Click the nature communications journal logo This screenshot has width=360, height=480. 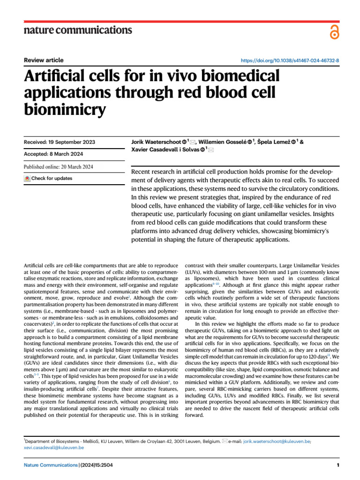coord(78,30)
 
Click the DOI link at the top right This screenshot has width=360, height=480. coord(290,61)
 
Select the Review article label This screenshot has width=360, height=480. coord(44,60)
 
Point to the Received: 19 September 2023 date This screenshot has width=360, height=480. coord(59,142)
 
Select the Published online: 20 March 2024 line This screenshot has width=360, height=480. coord(58,166)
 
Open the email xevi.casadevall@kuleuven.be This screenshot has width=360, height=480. coord(54,448)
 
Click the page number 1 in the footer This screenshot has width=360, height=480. coord(337,465)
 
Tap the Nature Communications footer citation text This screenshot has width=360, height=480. coord(68,465)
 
